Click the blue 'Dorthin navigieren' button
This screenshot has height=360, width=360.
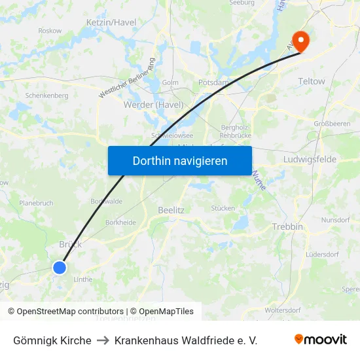(x=180, y=160)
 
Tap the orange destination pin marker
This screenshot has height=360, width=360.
(x=300, y=41)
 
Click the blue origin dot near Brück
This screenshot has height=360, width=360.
(x=60, y=267)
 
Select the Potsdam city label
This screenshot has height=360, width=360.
(x=213, y=83)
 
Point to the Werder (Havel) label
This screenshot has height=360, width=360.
(x=153, y=105)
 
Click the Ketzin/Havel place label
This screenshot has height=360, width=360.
(x=111, y=22)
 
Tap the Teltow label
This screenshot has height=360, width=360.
(x=311, y=81)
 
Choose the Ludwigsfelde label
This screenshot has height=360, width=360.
(x=310, y=159)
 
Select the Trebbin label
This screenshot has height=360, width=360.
(x=287, y=226)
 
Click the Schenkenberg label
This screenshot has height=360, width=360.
(x=46, y=95)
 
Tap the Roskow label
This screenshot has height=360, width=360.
(x=50, y=31)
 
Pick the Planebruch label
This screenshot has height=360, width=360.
(x=36, y=203)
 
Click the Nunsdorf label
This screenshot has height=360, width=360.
(x=336, y=220)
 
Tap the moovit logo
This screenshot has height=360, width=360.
(x=321, y=340)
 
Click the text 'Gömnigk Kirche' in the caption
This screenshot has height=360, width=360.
(x=52, y=340)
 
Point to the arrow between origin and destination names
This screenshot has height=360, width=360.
(x=103, y=340)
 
